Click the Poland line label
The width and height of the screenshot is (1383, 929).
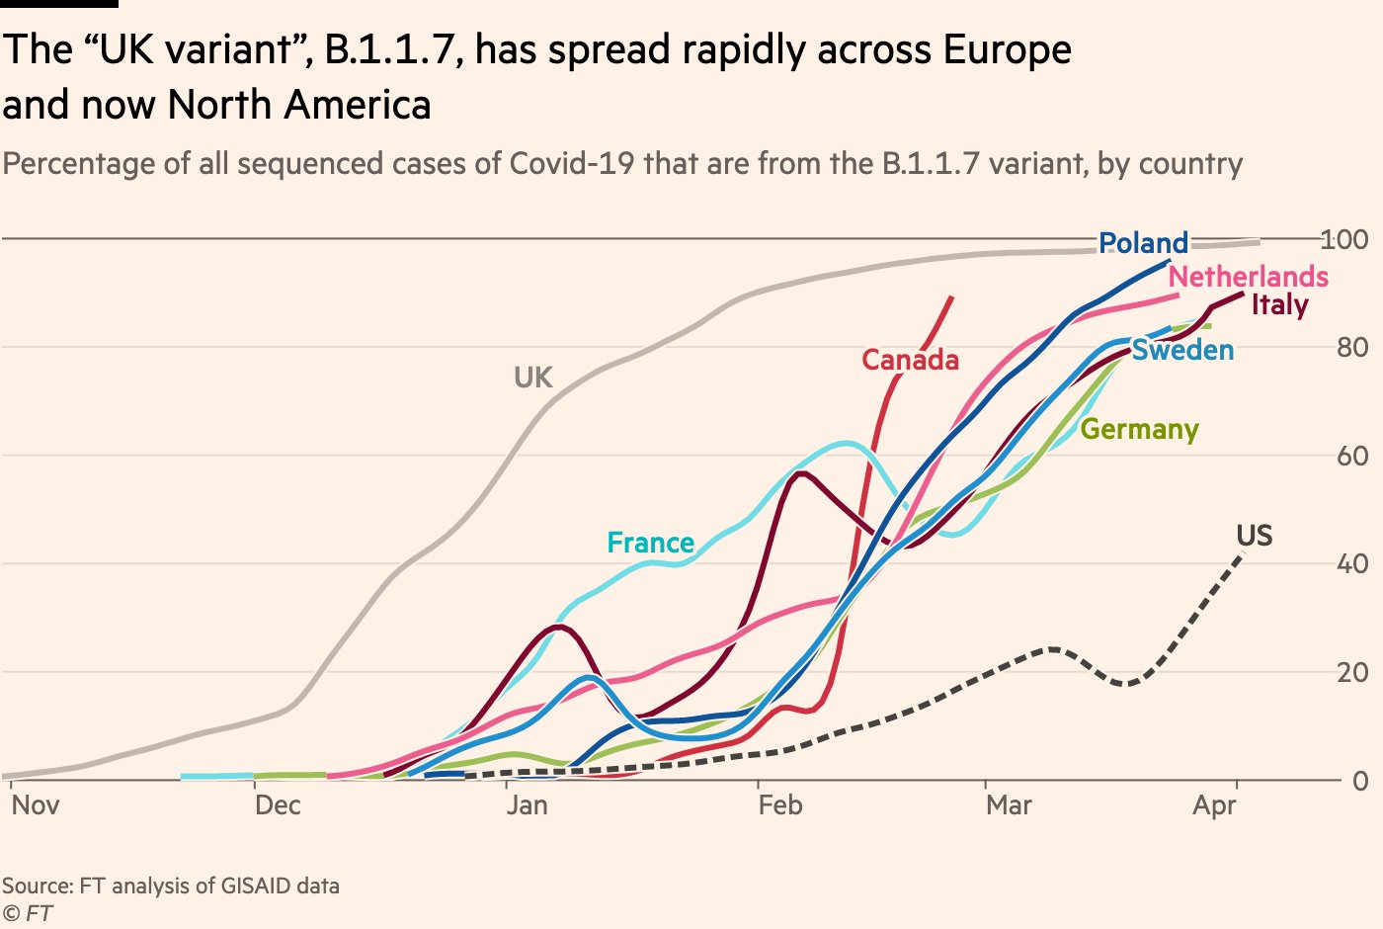(1143, 243)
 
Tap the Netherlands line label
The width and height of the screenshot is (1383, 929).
(1248, 277)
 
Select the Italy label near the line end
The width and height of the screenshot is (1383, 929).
(1279, 304)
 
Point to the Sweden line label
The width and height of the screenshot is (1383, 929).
(1182, 350)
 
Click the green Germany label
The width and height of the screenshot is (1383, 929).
(1139, 429)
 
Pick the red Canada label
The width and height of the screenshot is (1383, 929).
(910, 360)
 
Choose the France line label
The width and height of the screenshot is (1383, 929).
(650, 543)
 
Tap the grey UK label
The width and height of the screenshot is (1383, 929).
(532, 378)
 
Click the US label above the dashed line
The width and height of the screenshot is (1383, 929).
(1254, 536)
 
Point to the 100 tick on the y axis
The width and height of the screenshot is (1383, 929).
(1344, 239)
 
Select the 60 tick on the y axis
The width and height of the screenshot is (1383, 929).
(1352, 456)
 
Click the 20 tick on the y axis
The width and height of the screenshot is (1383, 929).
(1352, 672)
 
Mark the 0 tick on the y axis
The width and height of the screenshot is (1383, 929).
(1360, 781)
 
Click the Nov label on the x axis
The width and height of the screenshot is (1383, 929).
(36, 805)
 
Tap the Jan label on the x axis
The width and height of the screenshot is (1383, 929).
(527, 805)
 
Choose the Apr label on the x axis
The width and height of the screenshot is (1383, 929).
(1214, 805)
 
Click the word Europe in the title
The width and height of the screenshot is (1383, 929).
(1007, 49)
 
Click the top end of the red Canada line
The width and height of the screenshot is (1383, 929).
(951, 296)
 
